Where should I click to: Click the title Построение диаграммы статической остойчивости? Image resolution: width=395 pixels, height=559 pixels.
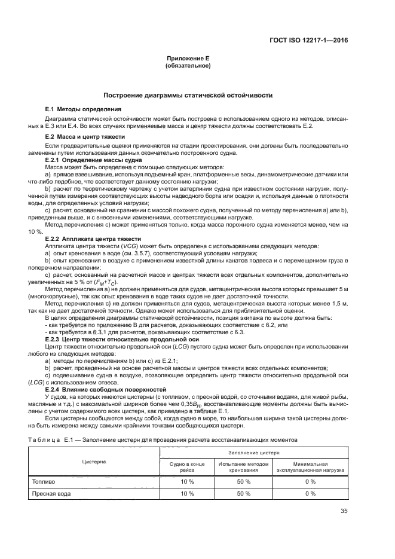(x=188, y=95)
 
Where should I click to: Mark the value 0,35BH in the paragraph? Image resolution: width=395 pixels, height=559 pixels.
(x=193, y=404)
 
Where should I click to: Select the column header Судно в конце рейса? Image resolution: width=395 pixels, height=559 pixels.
(x=187, y=466)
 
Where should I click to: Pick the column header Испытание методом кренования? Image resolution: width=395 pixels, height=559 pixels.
(x=243, y=466)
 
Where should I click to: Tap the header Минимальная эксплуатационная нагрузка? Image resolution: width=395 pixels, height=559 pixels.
(x=310, y=466)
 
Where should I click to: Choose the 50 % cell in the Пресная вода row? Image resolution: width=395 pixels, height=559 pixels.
(x=243, y=494)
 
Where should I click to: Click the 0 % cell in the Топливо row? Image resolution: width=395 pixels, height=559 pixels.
(x=310, y=481)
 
